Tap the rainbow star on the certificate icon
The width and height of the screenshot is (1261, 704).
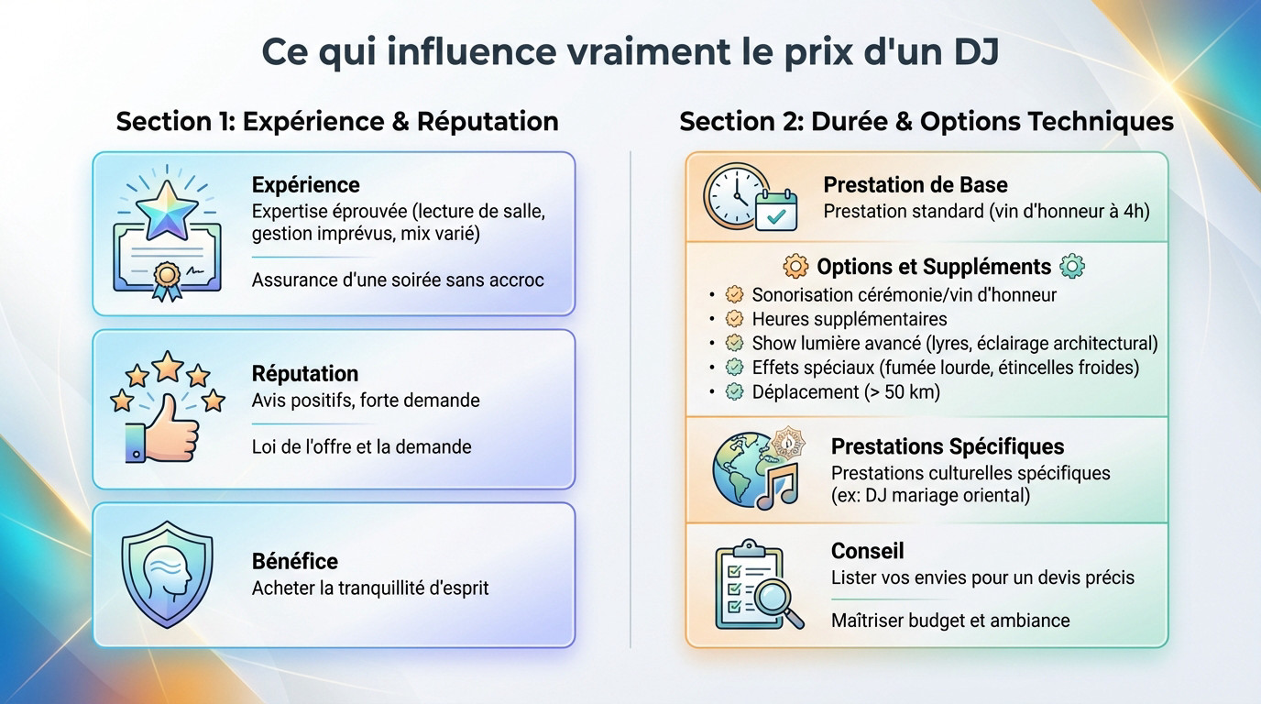click(167, 211)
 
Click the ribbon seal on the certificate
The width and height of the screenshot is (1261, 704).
click(168, 280)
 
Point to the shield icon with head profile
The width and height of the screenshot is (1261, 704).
click(167, 574)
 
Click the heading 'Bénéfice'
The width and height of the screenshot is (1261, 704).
click(294, 562)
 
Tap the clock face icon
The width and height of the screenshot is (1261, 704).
click(735, 195)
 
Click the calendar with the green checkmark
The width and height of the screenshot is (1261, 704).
click(775, 210)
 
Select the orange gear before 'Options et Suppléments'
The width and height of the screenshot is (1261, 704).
click(795, 266)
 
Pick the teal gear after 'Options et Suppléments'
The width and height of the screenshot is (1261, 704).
click(1072, 266)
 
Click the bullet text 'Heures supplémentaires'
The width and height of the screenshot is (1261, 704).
click(850, 319)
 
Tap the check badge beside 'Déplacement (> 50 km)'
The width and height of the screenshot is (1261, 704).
click(734, 391)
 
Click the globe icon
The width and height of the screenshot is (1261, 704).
click(743, 469)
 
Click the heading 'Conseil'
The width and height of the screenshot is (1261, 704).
click(868, 551)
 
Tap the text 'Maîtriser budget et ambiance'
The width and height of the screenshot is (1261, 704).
click(950, 620)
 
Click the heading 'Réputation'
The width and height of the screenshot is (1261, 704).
click(304, 373)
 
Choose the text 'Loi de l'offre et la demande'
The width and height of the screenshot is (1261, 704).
click(361, 446)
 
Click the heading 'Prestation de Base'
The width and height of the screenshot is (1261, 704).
click(916, 185)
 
